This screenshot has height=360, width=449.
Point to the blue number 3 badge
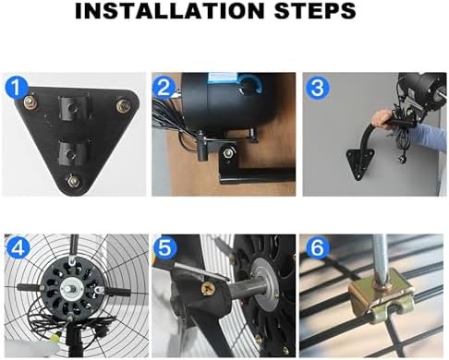pos(316,88)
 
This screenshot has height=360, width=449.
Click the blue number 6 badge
pos(316,249)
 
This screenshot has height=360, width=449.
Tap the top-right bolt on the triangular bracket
pos(120,105)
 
